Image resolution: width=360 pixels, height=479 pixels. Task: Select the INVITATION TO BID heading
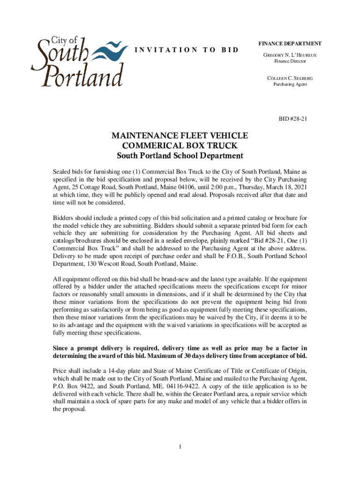tap(187, 50)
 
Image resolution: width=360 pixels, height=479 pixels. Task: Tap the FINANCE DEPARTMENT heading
tap(290, 44)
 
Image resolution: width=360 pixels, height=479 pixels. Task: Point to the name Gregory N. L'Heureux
tap(290, 55)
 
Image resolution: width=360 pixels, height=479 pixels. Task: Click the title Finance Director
tap(290, 62)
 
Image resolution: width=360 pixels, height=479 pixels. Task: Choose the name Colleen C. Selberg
tap(290, 78)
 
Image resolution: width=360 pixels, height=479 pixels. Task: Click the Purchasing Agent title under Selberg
tap(290, 84)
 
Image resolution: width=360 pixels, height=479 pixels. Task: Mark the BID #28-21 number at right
tap(293, 119)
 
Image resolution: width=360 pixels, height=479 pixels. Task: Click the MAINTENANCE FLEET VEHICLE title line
tap(180, 136)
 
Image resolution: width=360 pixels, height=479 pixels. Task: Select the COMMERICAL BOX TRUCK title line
tap(180, 145)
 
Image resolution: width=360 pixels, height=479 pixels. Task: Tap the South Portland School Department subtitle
tap(180, 156)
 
